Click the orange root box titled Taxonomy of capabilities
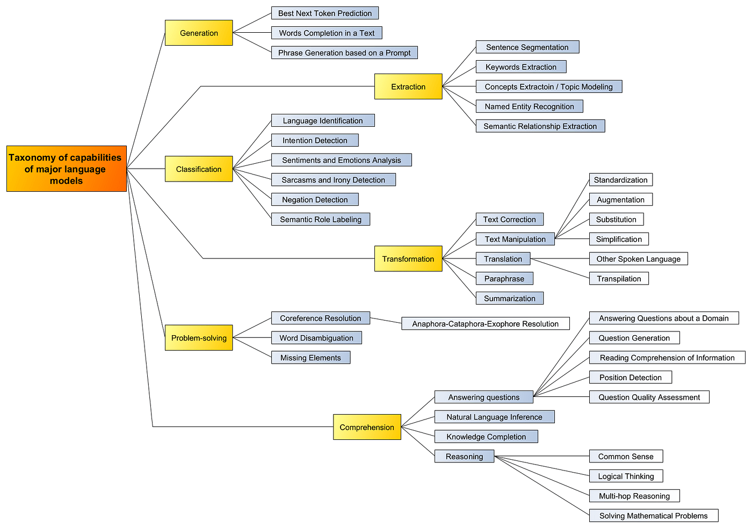[x=67, y=169]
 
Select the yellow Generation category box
[x=199, y=33]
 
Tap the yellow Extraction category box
[x=408, y=86]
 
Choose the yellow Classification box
[x=199, y=169]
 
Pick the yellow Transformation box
[x=408, y=259]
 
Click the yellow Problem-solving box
[x=199, y=338]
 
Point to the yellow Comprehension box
[x=367, y=427]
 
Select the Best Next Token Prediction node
[x=325, y=13]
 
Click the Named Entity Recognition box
[x=529, y=106]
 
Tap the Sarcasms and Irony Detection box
[x=333, y=180]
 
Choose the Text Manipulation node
[x=515, y=239]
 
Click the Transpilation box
[x=619, y=279]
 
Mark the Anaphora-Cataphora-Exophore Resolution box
[x=485, y=324]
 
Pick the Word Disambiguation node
[x=316, y=338]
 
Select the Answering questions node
[x=483, y=397]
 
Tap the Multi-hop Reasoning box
[x=634, y=496]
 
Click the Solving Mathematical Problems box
[x=653, y=516]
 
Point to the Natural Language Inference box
[x=494, y=417]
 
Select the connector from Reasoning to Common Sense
[x=543, y=457]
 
